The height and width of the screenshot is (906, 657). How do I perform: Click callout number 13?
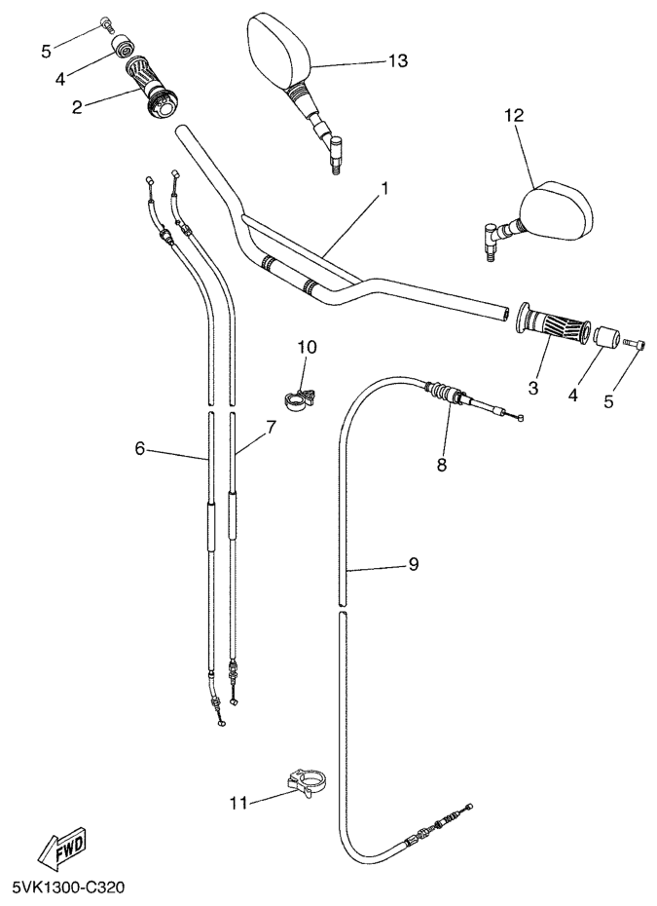[x=398, y=60]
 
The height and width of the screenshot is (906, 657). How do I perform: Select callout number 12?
[x=514, y=116]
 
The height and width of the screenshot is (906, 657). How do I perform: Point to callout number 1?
[x=384, y=188]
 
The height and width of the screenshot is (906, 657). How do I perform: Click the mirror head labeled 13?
[x=280, y=49]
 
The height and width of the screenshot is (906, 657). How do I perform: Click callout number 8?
[x=442, y=465]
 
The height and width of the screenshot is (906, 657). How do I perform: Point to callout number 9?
[x=414, y=563]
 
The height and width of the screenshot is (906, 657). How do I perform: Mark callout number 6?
[x=140, y=448]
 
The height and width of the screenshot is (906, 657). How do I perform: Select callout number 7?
[x=271, y=428]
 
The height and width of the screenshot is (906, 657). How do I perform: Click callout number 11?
[x=238, y=803]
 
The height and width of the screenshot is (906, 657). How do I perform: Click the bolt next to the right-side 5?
[x=635, y=344]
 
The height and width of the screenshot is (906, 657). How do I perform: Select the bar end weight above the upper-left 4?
[x=123, y=46]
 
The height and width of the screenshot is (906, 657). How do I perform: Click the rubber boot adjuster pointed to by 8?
[x=443, y=393]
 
